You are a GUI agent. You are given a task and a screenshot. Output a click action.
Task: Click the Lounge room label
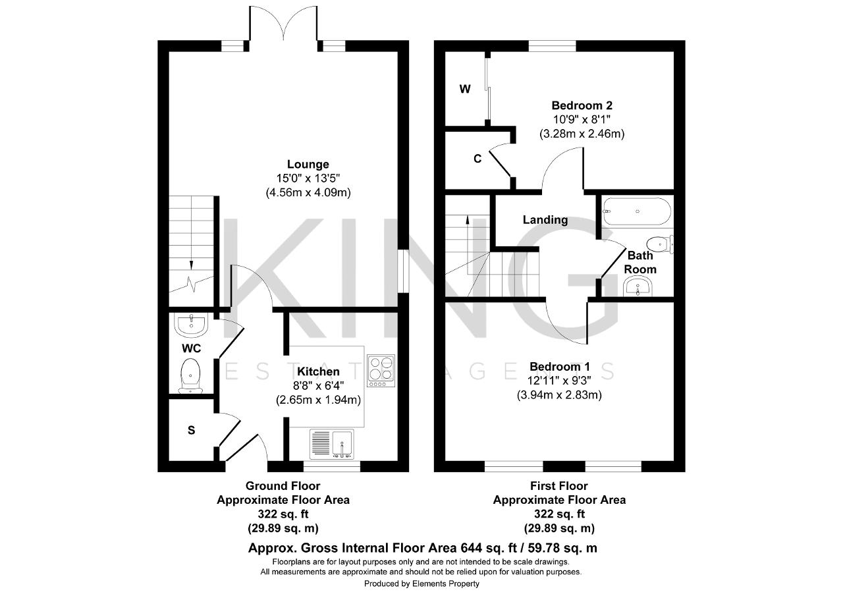coord(308,164)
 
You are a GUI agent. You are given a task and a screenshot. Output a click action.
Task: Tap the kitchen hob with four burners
coord(381,371)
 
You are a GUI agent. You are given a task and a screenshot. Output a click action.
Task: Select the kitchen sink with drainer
coord(332,445)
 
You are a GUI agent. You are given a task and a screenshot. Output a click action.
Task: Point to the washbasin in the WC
coord(191,325)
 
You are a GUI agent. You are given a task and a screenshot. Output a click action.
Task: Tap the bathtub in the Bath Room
coord(637,211)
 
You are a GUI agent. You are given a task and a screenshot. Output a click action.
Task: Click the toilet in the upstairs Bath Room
coord(660,244)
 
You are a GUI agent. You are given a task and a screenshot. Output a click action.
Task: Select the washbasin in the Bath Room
coord(638,286)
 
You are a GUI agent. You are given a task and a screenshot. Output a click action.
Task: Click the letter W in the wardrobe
coord(465,89)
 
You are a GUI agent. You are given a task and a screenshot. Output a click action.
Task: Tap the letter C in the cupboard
coord(477,159)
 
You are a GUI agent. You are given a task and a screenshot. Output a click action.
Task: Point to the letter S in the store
coord(191,430)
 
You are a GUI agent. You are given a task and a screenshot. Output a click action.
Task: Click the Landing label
coord(545,220)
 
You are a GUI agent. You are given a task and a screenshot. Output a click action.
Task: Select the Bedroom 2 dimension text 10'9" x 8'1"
coord(582,120)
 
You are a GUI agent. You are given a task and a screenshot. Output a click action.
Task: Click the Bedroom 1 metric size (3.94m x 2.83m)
coord(559,394)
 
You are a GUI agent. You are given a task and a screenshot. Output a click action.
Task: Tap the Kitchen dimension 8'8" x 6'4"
coord(318,386)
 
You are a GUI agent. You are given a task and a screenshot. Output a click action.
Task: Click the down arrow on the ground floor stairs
coord(191,265)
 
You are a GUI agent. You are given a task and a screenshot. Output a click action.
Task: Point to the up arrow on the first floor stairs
coord(468,220)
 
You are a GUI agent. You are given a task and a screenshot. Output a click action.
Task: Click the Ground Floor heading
coord(283,486)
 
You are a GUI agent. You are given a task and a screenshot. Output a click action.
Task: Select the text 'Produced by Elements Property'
coord(421,583)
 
